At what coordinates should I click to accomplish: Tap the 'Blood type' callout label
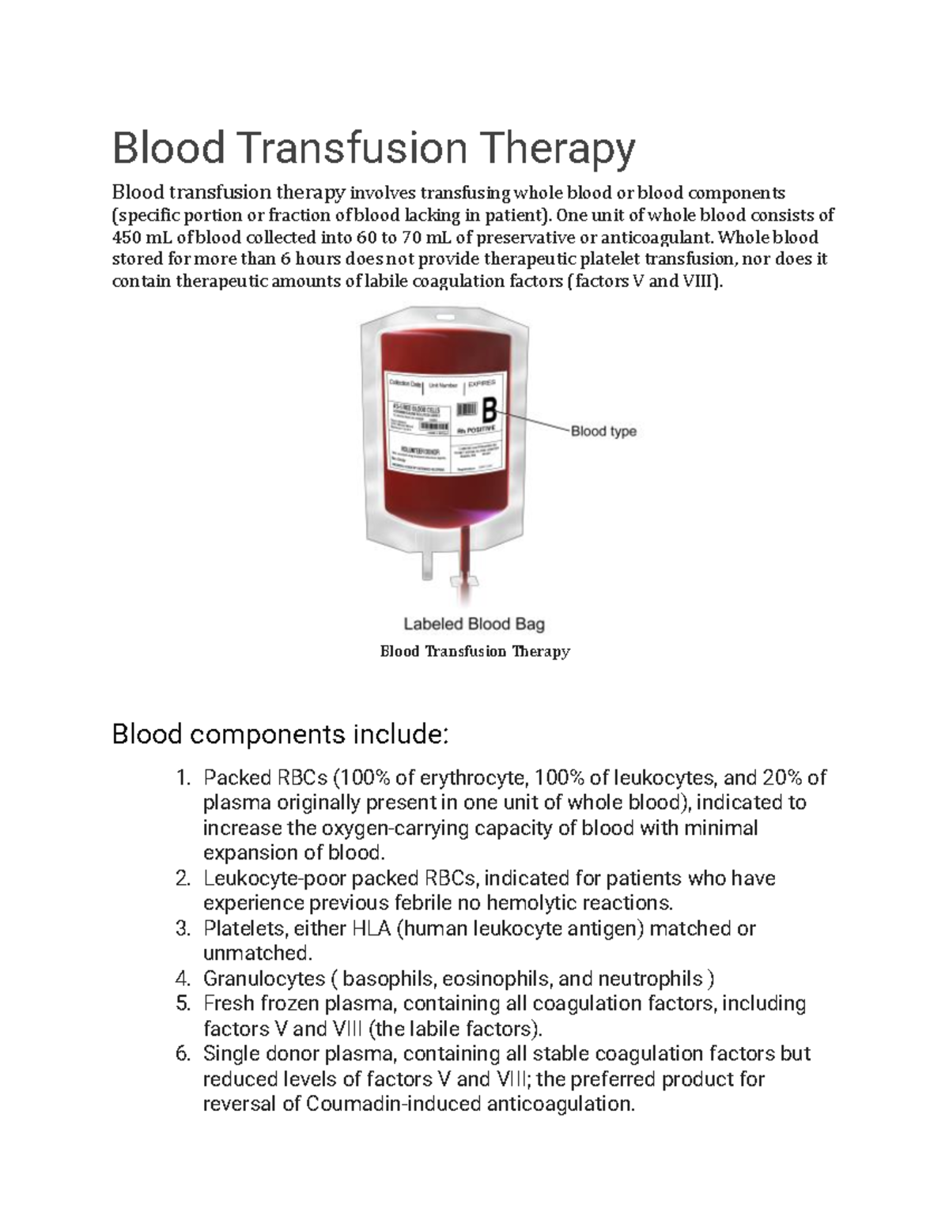pos(603,432)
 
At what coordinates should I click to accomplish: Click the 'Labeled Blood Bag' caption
pos(474,624)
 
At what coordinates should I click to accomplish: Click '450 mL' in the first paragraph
pos(142,237)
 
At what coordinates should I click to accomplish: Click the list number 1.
pos(182,778)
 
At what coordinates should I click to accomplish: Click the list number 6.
pos(182,1054)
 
